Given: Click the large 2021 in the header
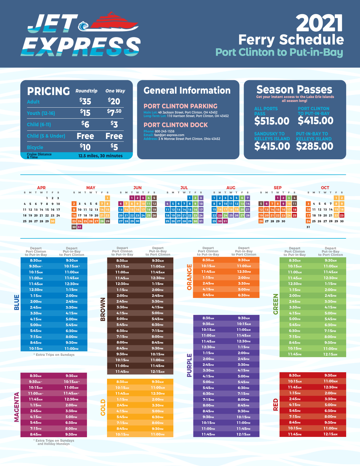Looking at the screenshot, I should pos(319,24).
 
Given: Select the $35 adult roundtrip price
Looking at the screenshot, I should pos(85,101).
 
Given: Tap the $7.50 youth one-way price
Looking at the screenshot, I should pos(114,112).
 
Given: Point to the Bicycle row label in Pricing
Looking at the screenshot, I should pos(35,147).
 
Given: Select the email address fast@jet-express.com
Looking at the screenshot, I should pos(169,135).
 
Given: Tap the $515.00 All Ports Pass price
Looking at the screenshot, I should pos(272,121).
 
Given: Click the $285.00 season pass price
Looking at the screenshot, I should pos(315,146).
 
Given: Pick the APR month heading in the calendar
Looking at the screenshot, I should pos(41,188).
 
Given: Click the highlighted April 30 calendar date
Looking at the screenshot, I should pos(52,221).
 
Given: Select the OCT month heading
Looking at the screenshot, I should pos(325,188).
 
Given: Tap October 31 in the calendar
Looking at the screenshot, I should pos(308,227).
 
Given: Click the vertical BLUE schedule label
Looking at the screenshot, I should pos(17,302).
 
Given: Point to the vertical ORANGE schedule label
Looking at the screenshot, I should pos(189,277).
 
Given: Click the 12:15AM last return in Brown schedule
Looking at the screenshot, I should pos(158,372).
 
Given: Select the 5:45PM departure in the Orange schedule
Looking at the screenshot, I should pos(208,295).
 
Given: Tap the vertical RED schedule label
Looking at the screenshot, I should pos(276,404).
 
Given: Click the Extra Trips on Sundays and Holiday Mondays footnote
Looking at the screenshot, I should pos(54,442).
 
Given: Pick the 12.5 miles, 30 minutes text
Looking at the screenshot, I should pos(100,156).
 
